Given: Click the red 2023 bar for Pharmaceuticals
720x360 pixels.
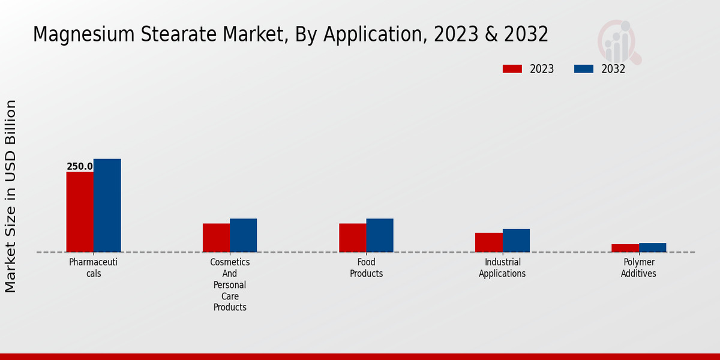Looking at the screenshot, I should click(80, 212).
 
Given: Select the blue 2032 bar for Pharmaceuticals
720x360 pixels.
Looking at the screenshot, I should click(107, 205).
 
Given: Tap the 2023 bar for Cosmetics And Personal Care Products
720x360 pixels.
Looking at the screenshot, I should click(216, 238).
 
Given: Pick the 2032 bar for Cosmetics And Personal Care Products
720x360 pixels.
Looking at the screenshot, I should click(244, 235).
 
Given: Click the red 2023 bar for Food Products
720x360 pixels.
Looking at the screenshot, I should click(353, 238).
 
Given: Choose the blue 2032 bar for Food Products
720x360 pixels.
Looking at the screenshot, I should click(380, 235).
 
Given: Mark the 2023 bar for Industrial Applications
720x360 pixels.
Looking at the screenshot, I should click(489, 242).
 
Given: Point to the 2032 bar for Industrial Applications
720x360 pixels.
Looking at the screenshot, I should click(516, 241).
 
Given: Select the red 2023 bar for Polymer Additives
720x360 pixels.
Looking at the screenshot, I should click(625, 248).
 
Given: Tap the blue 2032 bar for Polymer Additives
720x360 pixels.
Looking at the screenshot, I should click(653, 247).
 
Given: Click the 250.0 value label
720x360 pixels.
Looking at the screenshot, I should click(80, 167).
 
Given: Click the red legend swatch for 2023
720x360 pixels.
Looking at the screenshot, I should click(512, 69).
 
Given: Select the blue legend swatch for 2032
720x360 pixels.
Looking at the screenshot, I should click(584, 69).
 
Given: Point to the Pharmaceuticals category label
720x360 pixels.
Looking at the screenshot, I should click(93, 268).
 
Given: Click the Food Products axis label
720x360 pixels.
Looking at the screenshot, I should click(366, 268).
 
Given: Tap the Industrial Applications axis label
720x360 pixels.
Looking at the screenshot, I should click(502, 268).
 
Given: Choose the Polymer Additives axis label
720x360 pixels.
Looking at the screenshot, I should click(638, 268).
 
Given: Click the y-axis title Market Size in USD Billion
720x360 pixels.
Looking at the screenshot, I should click(11, 196).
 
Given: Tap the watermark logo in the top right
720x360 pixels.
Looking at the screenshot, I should click(619, 41).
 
